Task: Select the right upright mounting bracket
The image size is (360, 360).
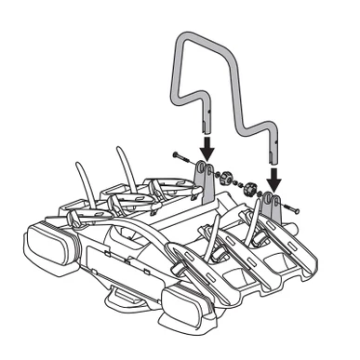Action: (272, 207)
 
